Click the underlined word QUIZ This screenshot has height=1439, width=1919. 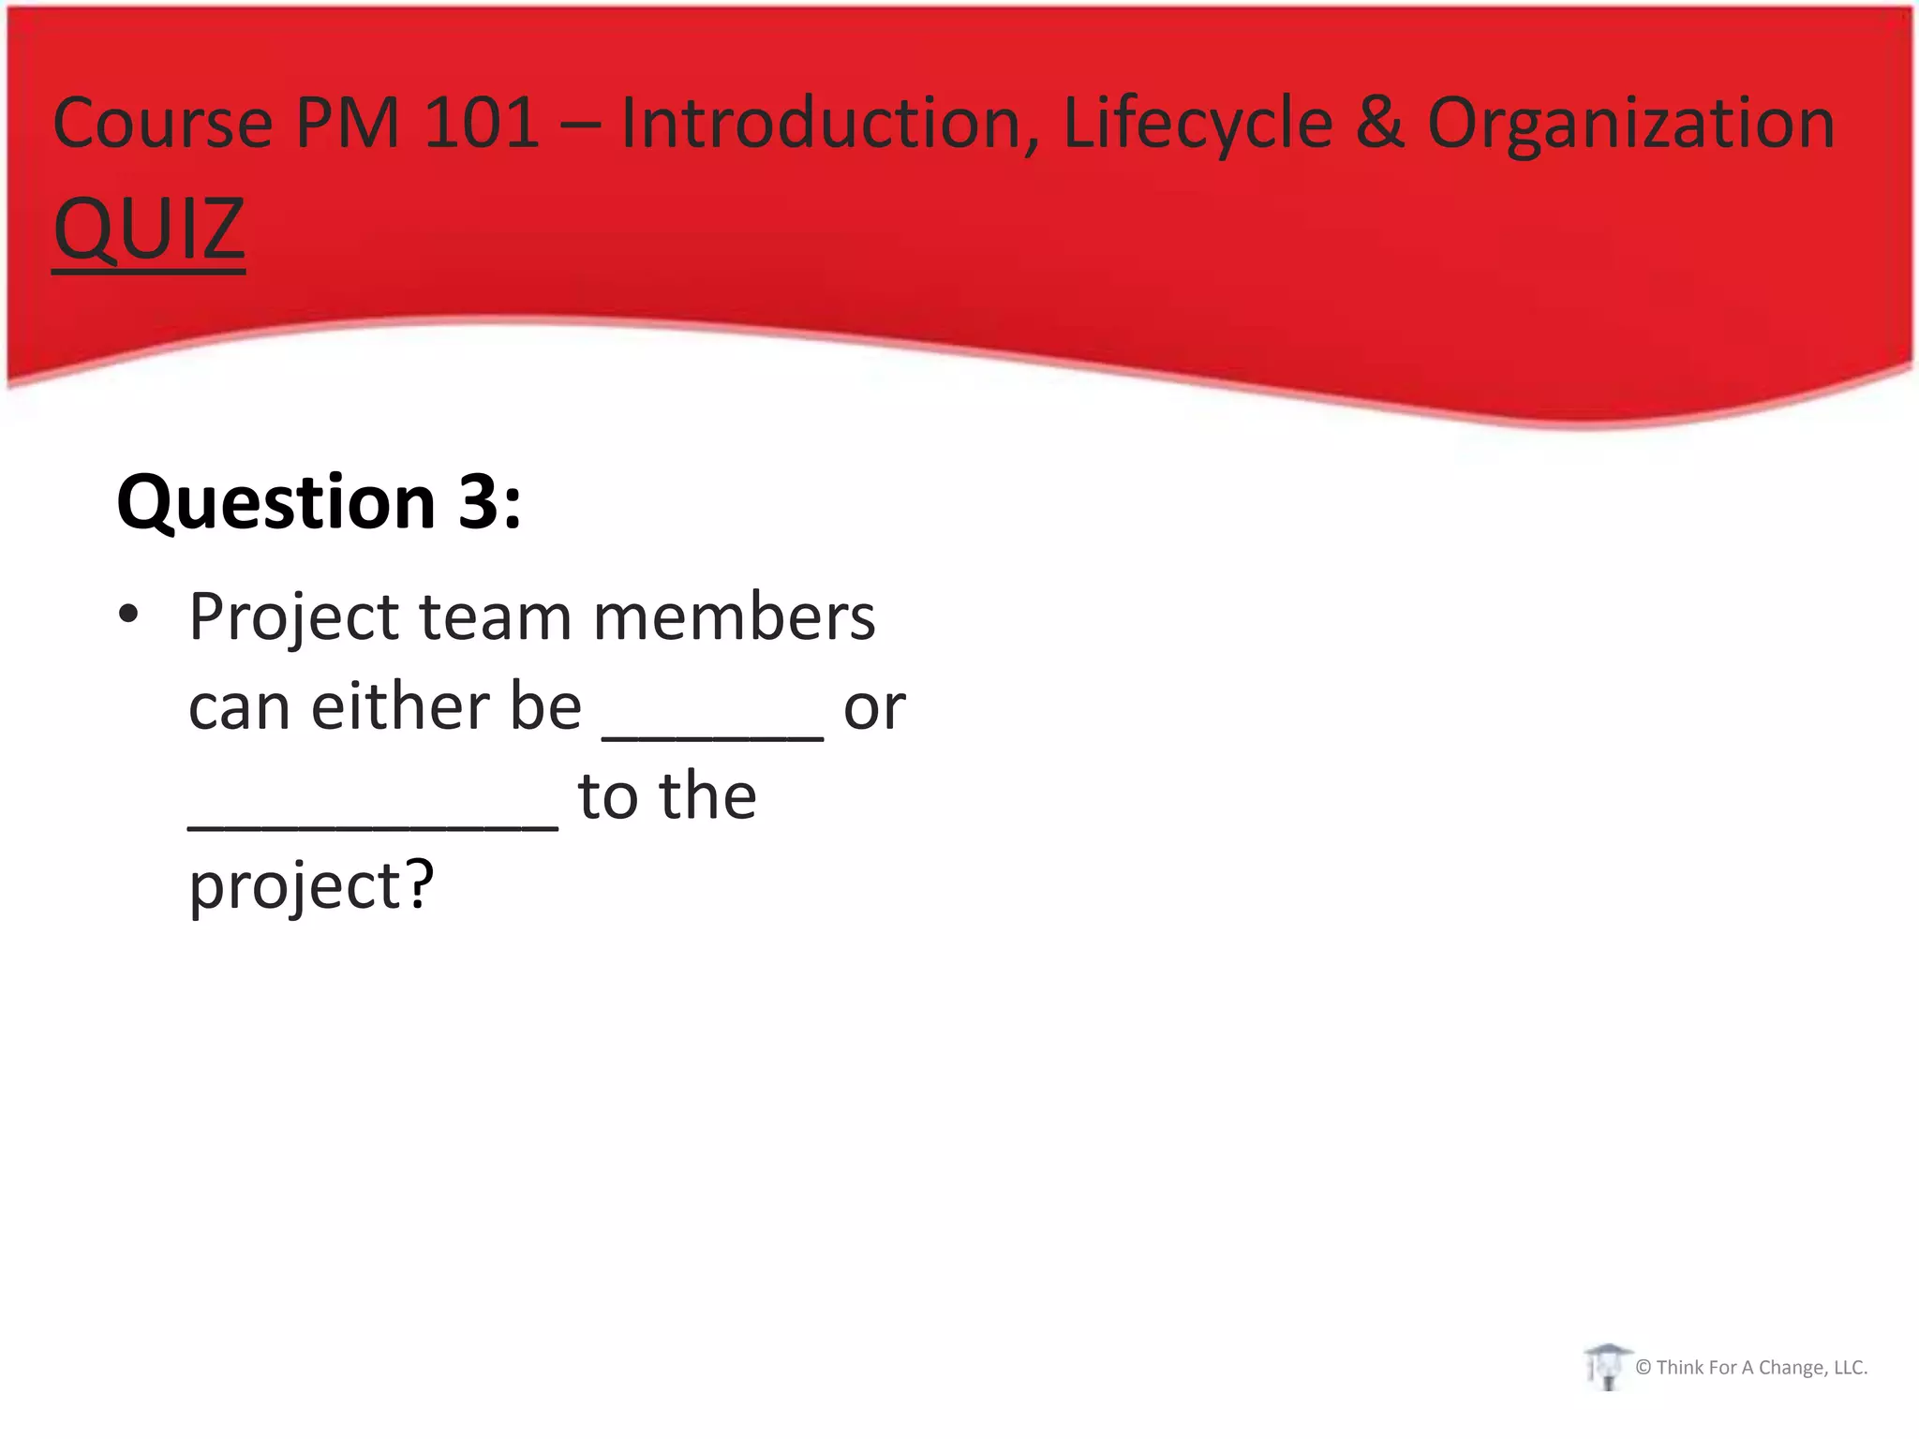tap(149, 230)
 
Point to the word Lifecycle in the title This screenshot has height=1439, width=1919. tap(1198, 124)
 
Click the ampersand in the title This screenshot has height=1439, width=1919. tap(1379, 124)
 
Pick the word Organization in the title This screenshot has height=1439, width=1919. tap(1630, 124)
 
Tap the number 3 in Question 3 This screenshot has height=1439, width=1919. tap(478, 503)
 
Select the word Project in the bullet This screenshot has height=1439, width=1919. tap(294, 619)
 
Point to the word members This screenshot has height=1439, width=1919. tap(735, 617)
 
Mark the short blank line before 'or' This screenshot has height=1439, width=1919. tap(712, 736)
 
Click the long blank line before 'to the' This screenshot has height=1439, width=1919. tap(373, 825)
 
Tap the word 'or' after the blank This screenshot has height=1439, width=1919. tap(874, 709)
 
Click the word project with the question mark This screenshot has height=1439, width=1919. tap(311, 886)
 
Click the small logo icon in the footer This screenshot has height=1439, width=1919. tap(1607, 1366)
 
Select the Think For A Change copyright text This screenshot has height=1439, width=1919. tap(1751, 1368)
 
